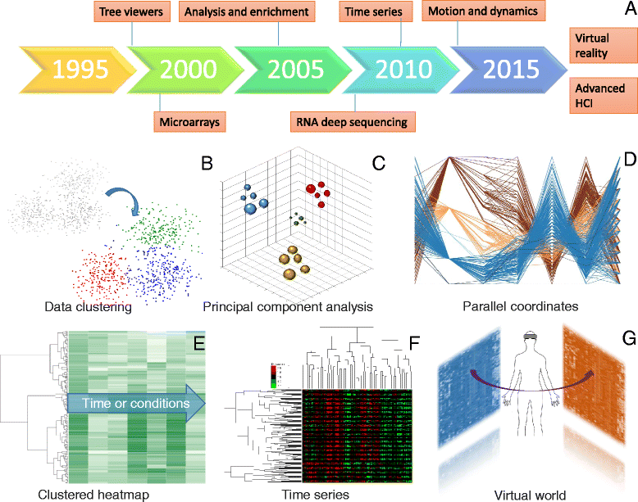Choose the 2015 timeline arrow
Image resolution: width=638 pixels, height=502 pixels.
point(500,69)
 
